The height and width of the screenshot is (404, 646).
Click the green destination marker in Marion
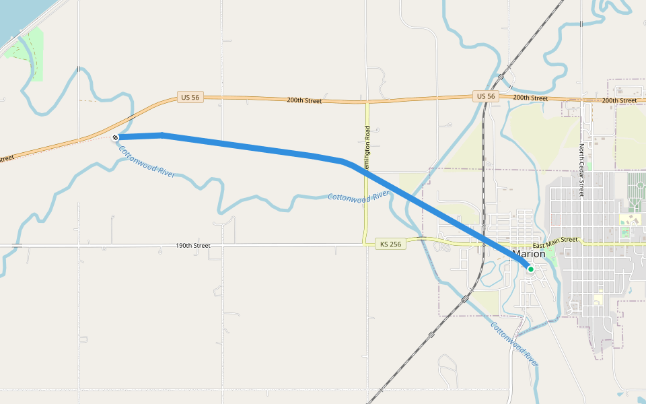pyautogui.click(x=530, y=269)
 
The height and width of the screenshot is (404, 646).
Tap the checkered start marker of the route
pyautogui.click(x=116, y=137)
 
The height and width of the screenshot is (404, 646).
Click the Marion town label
pyautogui.click(x=529, y=255)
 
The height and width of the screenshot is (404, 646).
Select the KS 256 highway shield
pyautogui.click(x=390, y=244)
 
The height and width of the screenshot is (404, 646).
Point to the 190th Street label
pyautogui.click(x=193, y=246)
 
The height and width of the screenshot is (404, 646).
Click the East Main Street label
pyautogui.click(x=555, y=240)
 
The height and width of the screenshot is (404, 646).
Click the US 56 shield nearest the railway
pyautogui.click(x=486, y=97)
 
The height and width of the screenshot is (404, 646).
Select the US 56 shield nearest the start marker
pyautogui.click(x=190, y=97)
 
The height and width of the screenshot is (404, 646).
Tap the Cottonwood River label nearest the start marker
pyautogui.click(x=147, y=161)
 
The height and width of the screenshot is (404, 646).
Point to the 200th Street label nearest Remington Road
pyautogui.click(x=304, y=100)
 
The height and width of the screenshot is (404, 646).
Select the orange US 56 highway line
pyautogui.click(x=417, y=100)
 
